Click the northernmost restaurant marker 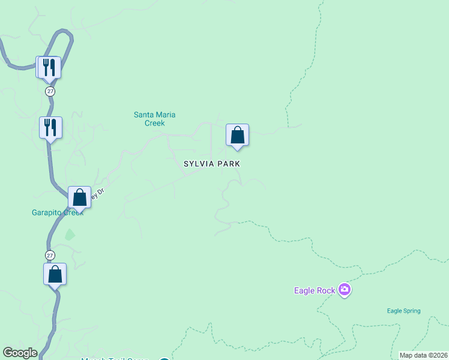(x=49, y=67)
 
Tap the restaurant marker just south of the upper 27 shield (x=51, y=127)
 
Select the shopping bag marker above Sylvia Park (x=237, y=135)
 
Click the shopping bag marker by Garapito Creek (x=79, y=197)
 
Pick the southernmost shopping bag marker (x=55, y=274)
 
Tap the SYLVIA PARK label (x=212, y=163)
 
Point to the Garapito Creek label (x=57, y=212)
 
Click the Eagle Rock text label (x=314, y=290)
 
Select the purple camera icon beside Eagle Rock (x=344, y=290)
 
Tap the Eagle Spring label (x=403, y=311)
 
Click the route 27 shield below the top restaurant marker (x=50, y=91)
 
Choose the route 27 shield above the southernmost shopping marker (x=50, y=254)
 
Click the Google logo (x=20, y=353)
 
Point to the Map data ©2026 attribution (x=423, y=355)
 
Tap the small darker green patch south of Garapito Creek (x=70, y=235)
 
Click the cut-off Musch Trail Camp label (x=114, y=359)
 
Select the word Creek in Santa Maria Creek (x=154, y=123)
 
